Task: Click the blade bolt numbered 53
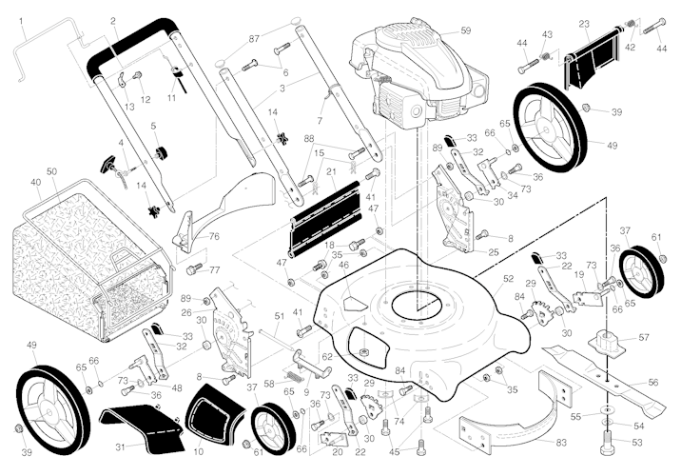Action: [608, 448]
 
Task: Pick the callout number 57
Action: [644, 338]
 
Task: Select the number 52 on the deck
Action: [508, 279]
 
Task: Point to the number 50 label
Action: [52, 171]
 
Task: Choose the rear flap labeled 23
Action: [590, 60]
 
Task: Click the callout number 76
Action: [214, 236]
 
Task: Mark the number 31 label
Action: [120, 446]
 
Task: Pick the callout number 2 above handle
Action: [113, 20]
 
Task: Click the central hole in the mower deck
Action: [418, 307]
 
